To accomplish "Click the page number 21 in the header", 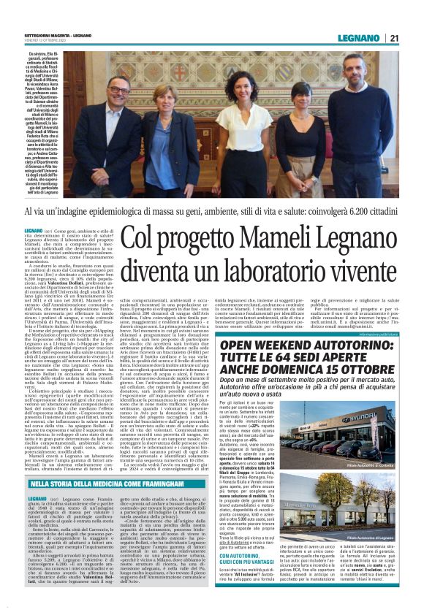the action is (394, 37).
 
